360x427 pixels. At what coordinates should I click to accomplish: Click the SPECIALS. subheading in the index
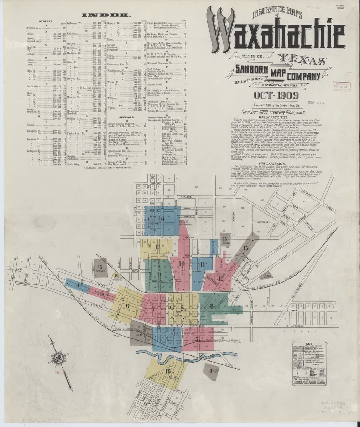pyautogui.click(x=126, y=117)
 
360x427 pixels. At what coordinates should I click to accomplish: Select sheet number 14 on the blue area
pyautogui.click(x=161, y=219)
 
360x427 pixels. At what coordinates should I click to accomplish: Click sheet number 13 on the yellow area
pyautogui.click(x=157, y=247)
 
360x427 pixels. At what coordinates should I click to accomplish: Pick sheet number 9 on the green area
pyautogui.click(x=159, y=274)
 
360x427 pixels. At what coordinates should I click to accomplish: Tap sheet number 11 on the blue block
pyautogui.click(x=202, y=264)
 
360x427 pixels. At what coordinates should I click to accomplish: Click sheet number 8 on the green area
pyautogui.click(x=212, y=305)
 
